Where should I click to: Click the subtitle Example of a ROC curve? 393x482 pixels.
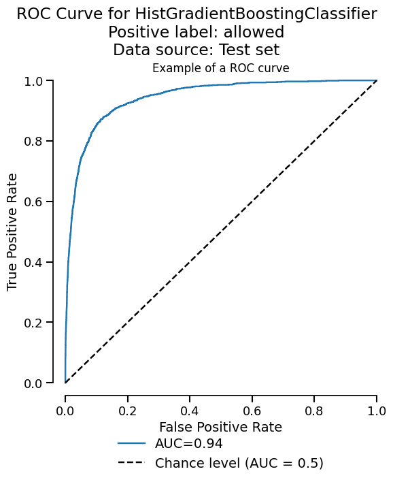(221, 68)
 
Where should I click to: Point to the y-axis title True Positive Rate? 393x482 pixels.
(13, 232)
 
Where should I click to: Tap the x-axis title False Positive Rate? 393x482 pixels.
(220, 428)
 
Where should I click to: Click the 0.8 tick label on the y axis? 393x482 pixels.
(34, 141)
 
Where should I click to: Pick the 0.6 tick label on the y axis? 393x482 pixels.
(34, 202)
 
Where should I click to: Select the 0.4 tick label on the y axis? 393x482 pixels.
(34, 262)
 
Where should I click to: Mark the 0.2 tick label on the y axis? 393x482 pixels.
(34, 323)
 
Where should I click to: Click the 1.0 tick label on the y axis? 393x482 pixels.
(34, 81)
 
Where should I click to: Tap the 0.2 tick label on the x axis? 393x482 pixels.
(127, 411)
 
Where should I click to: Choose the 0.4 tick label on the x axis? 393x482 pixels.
(190, 411)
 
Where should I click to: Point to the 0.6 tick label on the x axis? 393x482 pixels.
(252, 411)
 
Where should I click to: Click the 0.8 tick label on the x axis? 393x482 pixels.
(314, 411)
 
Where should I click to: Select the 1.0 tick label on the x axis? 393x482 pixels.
(376, 411)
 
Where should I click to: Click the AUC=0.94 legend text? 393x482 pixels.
(189, 444)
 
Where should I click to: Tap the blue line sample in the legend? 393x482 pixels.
(131, 444)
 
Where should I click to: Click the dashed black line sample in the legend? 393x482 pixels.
(131, 464)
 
